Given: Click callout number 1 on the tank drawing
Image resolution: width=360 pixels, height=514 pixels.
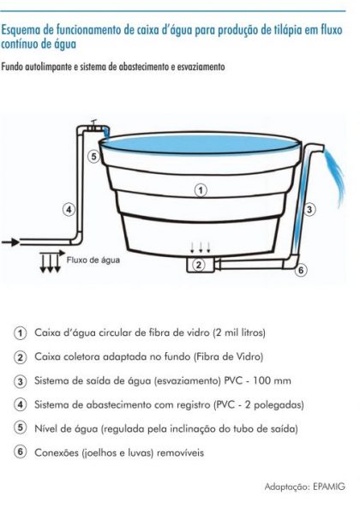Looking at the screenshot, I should pyautogui.click(x=199, y=189).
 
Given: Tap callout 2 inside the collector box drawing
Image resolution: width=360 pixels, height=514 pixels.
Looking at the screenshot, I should pyautogui.click(x=199, y=265).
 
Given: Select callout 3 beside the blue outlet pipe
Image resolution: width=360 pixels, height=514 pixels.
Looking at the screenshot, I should pyautogui.click(x=309, y=208).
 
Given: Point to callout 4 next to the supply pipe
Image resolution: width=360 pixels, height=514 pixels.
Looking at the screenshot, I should pyautogui.click(x=69, y=208).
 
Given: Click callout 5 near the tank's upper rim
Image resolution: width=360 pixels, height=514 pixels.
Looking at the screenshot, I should pyautogui.click(x=93, y=156).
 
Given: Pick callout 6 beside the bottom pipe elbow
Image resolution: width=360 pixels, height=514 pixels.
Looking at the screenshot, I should pyautogui.click(x=301, y=271).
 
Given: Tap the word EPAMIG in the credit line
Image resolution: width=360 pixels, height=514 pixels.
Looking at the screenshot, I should pyautogui.click(x=328, y=486).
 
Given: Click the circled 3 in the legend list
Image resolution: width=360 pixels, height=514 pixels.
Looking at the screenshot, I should pyautogui.click(x=20, y=380).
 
